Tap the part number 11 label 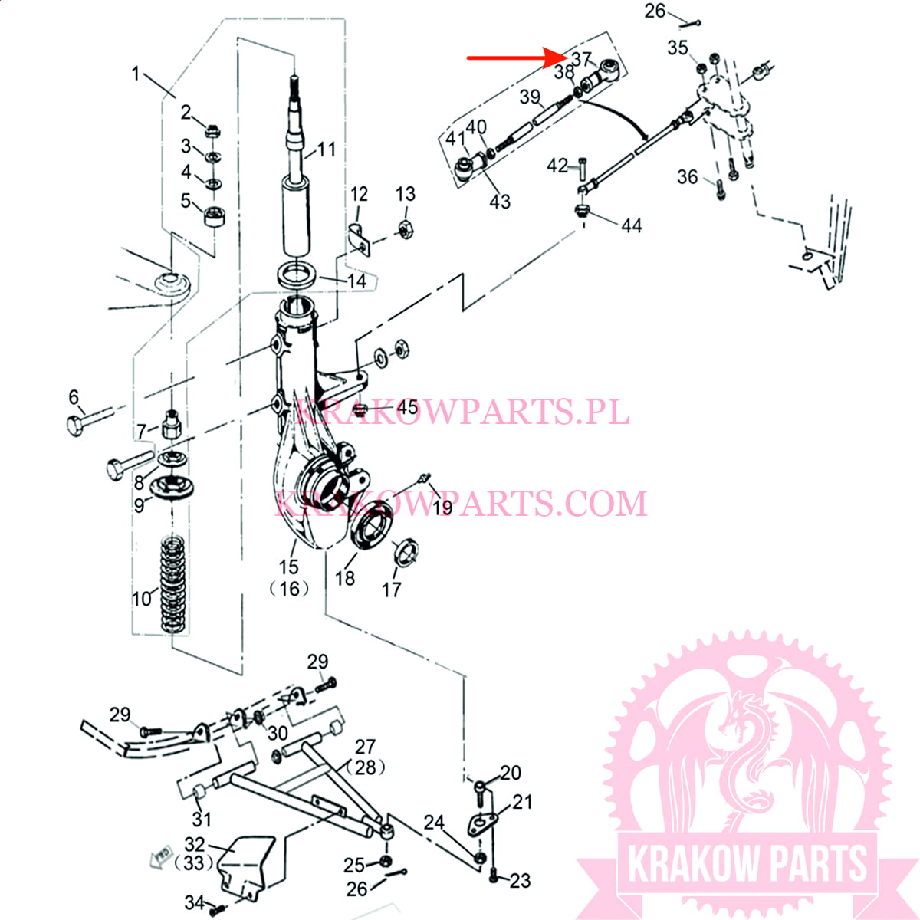[x=327, y=149]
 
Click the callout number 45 [x=407, y=406]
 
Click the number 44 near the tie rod [x=631, y=225]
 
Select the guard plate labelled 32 [x=245, y=866]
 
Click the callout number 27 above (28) [x=365, y=746]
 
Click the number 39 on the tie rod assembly [x=529, y=97]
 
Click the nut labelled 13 [x=406, y=229]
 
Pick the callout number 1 [x=136, y=74]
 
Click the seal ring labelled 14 [x=295, y=274]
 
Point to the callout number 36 [x=687, y=177]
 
